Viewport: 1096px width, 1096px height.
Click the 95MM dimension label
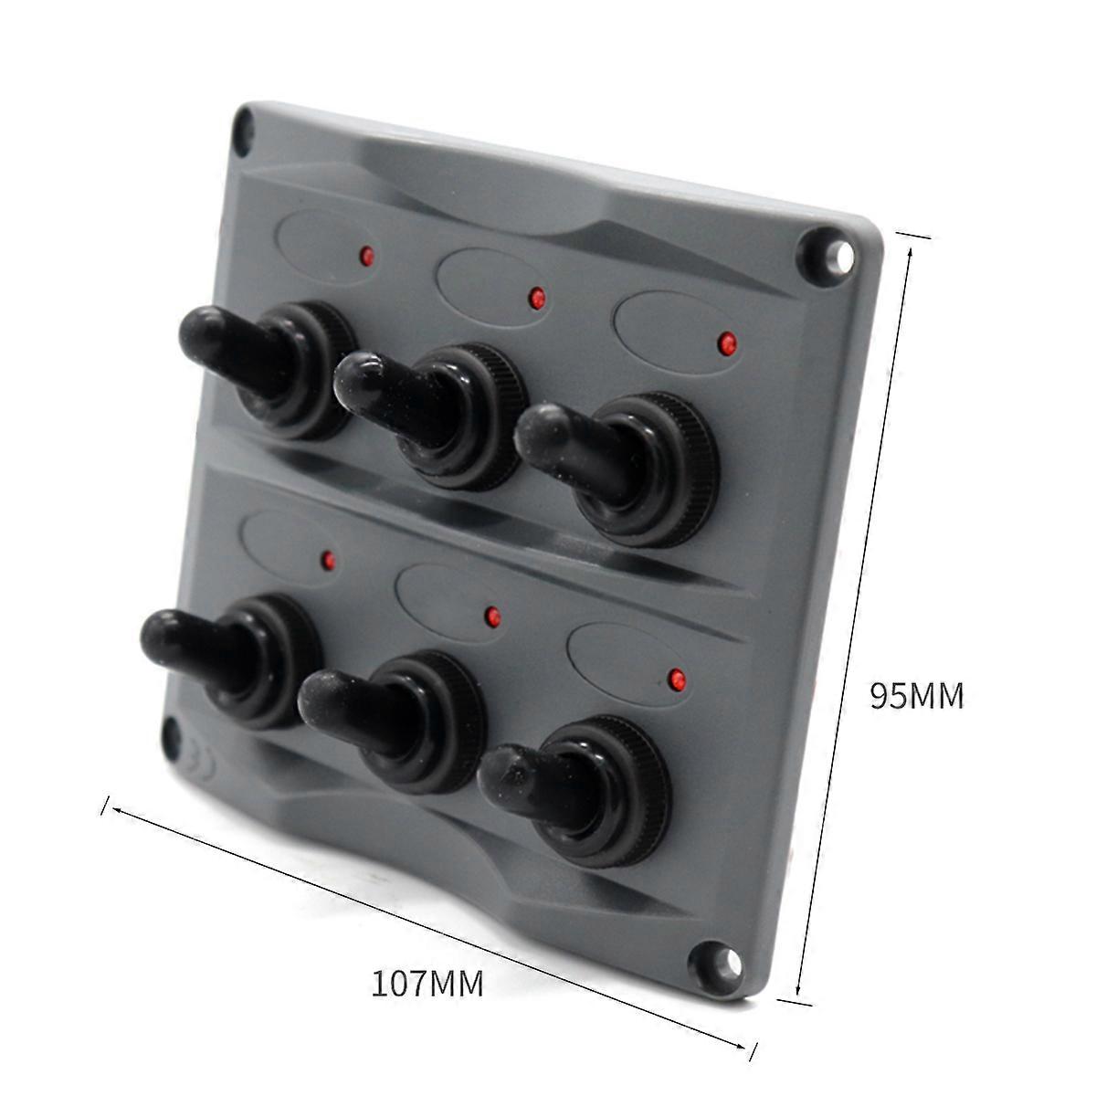[917, 696]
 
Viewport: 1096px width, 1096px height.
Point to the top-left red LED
[368, 256]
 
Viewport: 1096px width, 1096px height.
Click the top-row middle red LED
[536, 298]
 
